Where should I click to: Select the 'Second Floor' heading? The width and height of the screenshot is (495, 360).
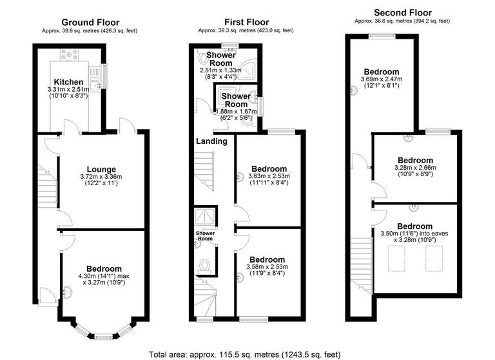pyautogui.click(x=402, y=12)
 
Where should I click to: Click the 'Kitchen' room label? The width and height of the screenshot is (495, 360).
pyautogui.click(x=68, y=82)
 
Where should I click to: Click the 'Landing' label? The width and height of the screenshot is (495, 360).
pyautogui.click(x=211, y=141)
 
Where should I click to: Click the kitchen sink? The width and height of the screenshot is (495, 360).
pyautogui.click(x=96, y=83)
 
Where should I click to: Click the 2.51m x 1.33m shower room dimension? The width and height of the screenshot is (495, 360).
pyautogui.click(x=221, y=70)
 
